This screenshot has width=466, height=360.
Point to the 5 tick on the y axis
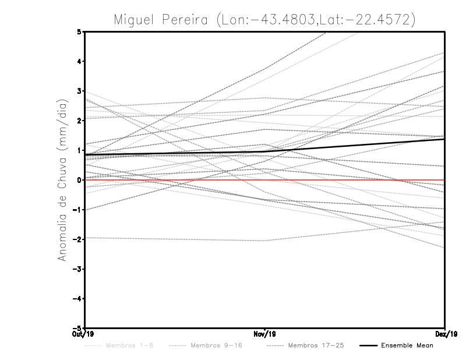click(79, 31)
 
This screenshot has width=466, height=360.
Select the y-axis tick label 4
click(79, 61)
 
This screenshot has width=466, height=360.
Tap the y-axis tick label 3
click(79, 91)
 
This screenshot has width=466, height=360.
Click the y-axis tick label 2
click(79, 121)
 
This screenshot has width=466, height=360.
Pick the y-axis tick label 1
click(79, 150)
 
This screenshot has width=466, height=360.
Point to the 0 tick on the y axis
click(79, 180)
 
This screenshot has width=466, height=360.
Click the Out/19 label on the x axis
click(84, 334)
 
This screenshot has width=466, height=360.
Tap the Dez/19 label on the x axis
click(444, 334)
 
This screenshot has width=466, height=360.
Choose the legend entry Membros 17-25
click(316, 346)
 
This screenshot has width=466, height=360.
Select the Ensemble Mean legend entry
click(407, 346)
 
